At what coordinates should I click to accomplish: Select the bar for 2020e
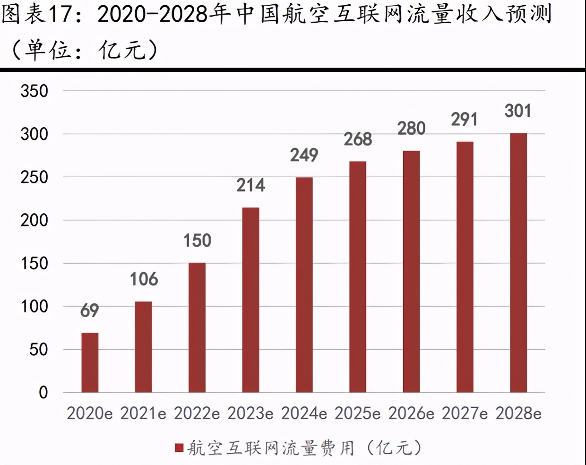[90, 362]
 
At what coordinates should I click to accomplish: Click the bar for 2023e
[250, 300]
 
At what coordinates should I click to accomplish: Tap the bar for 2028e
[518, 263]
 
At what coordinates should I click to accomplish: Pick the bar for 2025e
[358, 277]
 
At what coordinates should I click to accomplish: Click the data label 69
[90, 310]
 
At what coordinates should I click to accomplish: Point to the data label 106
[144, 279]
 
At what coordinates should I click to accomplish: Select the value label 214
[250, 185]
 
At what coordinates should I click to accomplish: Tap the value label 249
[304, 155]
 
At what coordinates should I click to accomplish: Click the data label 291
[464, 120]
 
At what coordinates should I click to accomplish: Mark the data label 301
[518, 111]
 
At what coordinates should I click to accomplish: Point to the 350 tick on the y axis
[34, 91]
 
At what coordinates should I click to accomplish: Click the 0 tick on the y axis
[43, 392]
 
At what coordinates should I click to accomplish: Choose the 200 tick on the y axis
[34, 220]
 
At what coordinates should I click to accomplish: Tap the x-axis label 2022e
[197, 413]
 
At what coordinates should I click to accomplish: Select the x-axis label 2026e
[411, 413]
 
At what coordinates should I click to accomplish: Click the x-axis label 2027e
[465, 413]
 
